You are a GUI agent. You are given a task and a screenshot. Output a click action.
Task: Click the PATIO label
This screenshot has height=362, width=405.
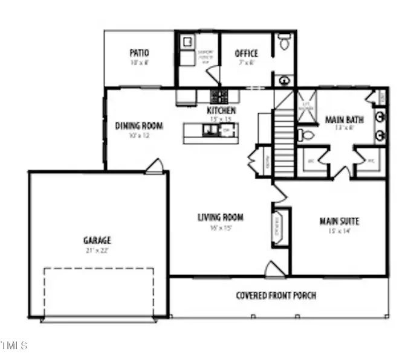(x=140, y=53)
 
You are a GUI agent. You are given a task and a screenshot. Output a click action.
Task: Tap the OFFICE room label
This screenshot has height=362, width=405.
(x=246, y=54)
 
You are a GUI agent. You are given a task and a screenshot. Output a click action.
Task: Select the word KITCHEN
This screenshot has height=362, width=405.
(x=221, y=111)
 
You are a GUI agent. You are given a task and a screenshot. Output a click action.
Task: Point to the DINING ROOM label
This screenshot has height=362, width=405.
(x=139, y=126)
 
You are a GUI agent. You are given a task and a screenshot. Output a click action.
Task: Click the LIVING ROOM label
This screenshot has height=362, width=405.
(x=221, y=217)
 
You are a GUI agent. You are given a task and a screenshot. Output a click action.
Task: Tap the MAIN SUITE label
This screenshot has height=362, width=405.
(x=339, y=221)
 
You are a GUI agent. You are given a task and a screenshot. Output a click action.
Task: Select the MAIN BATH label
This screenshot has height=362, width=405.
(x=344, y=119)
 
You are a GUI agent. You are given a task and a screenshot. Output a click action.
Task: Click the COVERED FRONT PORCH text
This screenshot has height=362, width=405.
(x=276, y=296)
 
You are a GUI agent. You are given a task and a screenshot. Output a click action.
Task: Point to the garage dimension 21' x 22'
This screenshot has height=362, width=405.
(x=97, y=249)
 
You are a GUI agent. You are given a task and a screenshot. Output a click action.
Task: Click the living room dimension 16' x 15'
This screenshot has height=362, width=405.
(x=221, y=228)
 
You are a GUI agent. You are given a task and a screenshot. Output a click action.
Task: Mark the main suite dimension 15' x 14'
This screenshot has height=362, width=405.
(x=339, y=231)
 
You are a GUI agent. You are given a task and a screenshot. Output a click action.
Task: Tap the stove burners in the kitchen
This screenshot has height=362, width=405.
(x=218, y=96)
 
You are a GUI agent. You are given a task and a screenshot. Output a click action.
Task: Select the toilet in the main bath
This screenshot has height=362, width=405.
(x=307, y=135)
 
